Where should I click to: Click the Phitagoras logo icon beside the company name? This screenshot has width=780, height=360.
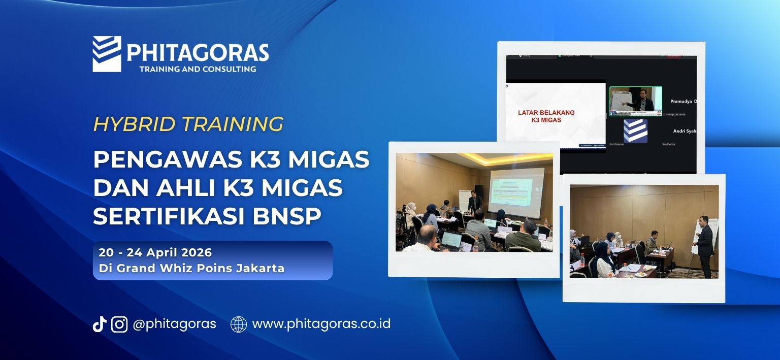pyautogui.click(x=107, y=54)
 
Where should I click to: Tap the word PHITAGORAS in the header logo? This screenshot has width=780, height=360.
pyautogui.click(x=198, y=52)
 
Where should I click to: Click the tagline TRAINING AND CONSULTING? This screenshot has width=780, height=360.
pyautogui.click(x=198, y=69)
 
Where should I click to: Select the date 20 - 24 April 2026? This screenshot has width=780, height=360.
pyautogui.click(x=155, y=252)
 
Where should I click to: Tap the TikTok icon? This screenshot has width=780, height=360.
pyautogui.click(x=99, y=324)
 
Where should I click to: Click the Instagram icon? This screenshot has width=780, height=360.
pyautogui.click(x=119, y=324)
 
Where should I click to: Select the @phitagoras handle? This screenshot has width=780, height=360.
pyautogui.click(x=174, y=324)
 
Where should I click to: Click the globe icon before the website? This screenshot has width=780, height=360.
pyautogui.click(x=239, y=324)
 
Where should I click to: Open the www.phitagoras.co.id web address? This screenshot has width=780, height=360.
pyautogui.click(x=321, y=324)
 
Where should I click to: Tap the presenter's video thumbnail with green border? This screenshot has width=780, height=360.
pyautogui.click(x=635, y=101)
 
